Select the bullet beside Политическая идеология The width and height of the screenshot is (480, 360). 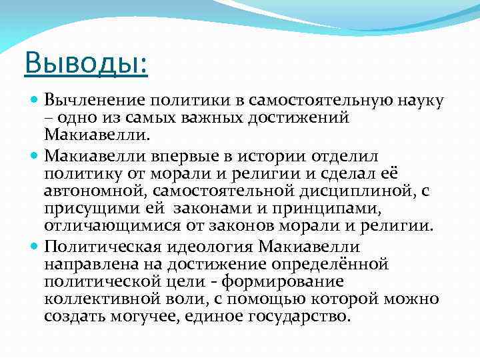coord(36,246)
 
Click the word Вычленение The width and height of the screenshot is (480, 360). coord(93,101)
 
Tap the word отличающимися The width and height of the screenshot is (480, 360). coord(105,227)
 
